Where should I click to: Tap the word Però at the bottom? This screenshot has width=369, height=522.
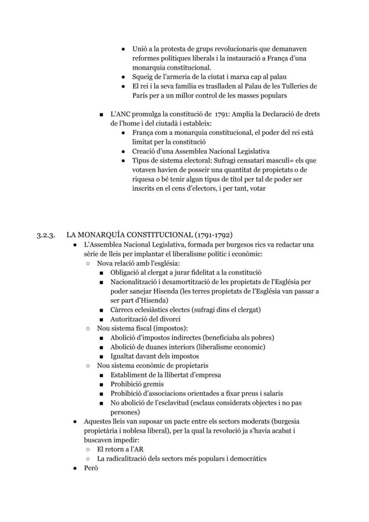[91, 468]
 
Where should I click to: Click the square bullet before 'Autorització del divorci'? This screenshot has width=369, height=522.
[102, 319]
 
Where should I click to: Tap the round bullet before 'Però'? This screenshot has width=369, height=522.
[75, 468]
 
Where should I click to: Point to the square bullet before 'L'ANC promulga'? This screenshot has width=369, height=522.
[102, 114]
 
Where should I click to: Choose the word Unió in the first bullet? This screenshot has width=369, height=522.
[140, 49]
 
